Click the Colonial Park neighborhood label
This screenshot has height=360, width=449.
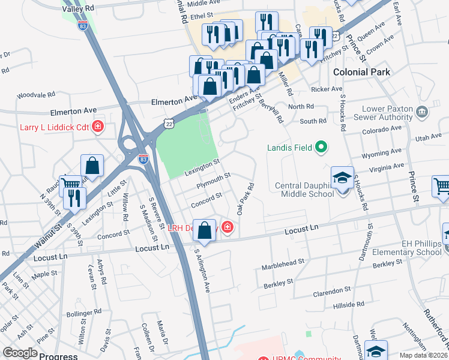[x=361, y=72]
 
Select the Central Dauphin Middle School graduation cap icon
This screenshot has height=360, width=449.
[x=342, y=178]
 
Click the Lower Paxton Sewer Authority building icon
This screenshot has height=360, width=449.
[x=421, y=112]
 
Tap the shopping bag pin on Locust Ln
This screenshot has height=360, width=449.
[x=205, y=230]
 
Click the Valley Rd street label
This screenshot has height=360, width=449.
[x=78, y=9]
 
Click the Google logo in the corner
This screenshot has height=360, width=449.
[x=20, y=353]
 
